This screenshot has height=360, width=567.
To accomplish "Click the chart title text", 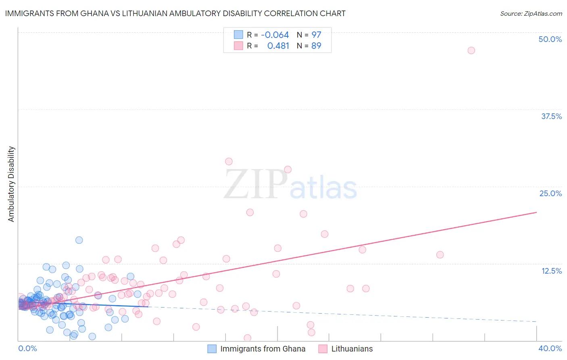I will click(175, 13).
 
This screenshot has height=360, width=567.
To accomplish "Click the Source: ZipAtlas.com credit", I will click(531, 13).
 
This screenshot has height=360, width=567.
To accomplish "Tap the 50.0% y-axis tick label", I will click(550, 39).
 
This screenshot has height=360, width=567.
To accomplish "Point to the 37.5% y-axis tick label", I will click(551, 116).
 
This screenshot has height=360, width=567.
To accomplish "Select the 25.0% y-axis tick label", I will click(550, 193).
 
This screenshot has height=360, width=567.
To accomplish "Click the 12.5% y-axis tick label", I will click(551, 271).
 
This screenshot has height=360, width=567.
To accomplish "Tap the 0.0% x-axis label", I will click(27, 348).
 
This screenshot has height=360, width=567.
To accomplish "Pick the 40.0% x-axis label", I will click(550, 348).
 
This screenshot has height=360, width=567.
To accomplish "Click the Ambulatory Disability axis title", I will click(11, 184).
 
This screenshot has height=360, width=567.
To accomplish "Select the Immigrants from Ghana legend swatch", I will click(212, 349).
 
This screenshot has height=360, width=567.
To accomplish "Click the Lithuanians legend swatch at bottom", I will click(323, 349).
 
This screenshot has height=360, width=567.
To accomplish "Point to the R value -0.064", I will click(275, 35).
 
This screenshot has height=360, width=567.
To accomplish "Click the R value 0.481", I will click(278, 46).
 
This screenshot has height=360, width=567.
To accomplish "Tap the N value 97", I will click(316, 35).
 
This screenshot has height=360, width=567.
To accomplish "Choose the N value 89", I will click(316, 46).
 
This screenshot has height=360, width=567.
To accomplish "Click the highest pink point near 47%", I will click(471, 50).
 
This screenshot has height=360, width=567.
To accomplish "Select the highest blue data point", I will click(79, 240).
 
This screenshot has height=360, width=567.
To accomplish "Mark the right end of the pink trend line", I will click(536, 212).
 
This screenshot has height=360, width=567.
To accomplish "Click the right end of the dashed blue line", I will click(536, 322).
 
